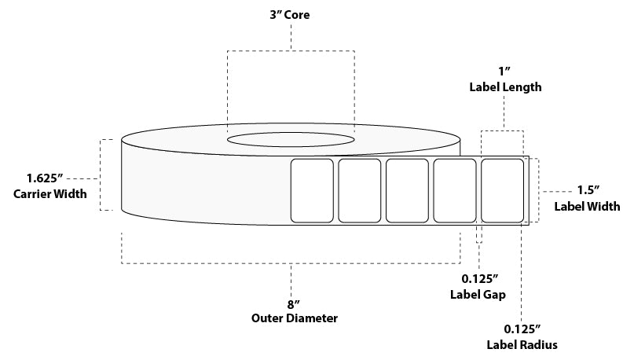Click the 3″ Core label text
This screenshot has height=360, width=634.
291,14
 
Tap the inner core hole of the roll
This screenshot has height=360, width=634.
291,140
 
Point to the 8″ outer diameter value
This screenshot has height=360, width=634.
291,303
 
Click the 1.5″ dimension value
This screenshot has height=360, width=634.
588,190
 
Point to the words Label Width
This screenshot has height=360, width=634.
588,207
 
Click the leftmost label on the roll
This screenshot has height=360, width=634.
312,191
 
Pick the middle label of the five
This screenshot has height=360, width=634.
407,191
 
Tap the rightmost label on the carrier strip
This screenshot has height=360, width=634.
501,191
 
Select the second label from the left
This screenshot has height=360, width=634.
360,191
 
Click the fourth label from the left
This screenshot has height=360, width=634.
454,191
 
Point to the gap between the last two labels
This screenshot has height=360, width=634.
478,191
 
